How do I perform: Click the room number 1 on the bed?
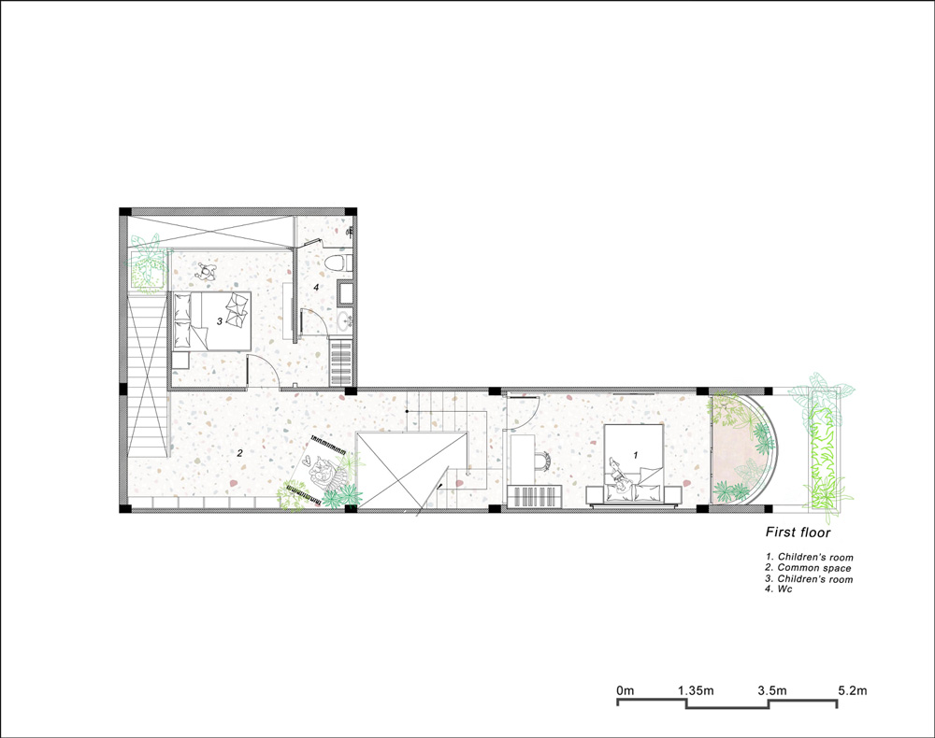tap(636, 454)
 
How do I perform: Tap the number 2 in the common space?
tap(240, 453)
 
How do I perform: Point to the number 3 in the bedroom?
tap(219, 320)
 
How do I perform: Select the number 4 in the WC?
tap(316, 288)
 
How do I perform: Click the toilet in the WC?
tap(338, 264)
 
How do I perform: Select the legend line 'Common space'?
tap(809, 568)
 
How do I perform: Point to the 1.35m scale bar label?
tap(696, 690)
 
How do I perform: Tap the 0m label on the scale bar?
tap(625, 690)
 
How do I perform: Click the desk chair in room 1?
tap(544, 459)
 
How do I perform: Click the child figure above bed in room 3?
tap(208, 271)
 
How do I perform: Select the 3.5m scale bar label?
tap(773, 690)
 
